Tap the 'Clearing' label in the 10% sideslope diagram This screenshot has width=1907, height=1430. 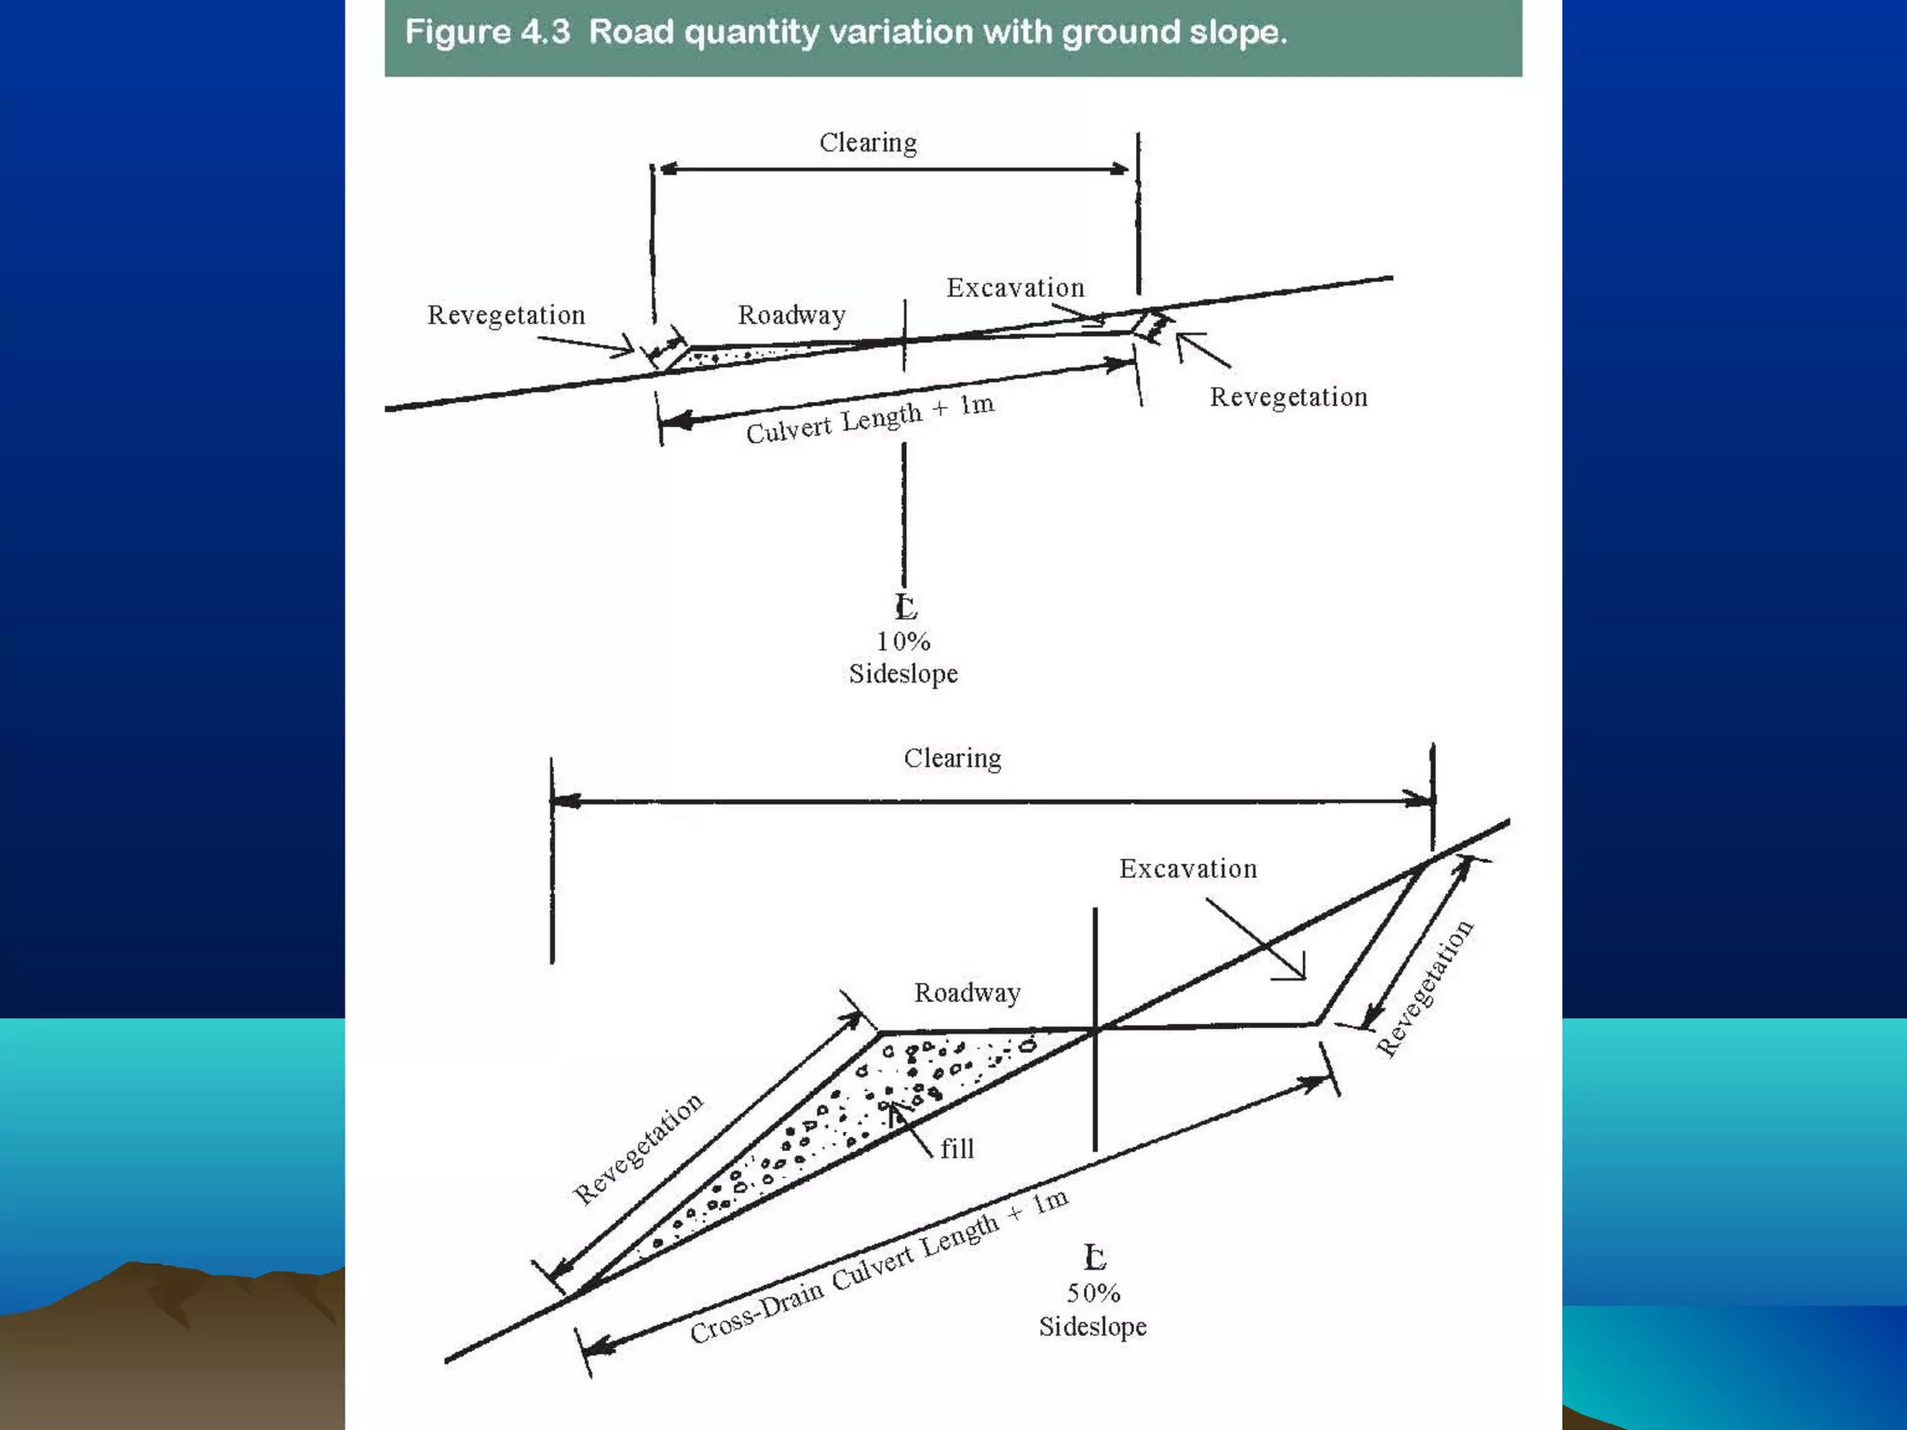tap(868, 142)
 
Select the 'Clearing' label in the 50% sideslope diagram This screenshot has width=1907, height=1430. tap(953, 758)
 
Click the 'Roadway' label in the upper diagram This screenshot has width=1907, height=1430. tap(791, 315)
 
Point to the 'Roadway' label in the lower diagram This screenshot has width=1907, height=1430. tap(967, 992)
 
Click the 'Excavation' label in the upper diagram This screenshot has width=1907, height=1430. tap(1016, 288)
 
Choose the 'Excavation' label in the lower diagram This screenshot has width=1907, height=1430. tap(1188, 869)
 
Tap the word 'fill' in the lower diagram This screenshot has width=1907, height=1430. tap(957, 1149)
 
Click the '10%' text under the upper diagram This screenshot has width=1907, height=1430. tap(903, 641)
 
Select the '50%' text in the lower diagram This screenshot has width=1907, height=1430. tap(1093, 1293)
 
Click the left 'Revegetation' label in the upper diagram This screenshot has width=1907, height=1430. tap(507, 315)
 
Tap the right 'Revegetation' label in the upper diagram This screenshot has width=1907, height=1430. tap(1289, 397)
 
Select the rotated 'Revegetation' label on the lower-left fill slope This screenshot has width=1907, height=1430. tap(638, 1149)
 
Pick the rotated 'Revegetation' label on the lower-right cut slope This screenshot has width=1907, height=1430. tap(1426, 988)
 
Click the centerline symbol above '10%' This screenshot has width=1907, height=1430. tap(905, 607)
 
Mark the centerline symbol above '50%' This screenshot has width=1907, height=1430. tap(1095, 1258)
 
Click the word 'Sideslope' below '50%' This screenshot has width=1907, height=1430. tap(1093, 1327)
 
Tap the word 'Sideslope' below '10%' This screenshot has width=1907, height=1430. tap(903, 674)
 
